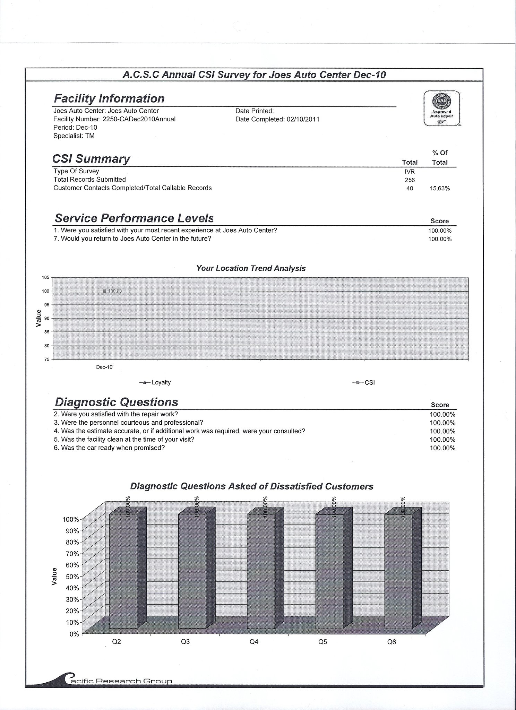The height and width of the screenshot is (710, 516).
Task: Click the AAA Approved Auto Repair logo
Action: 442,108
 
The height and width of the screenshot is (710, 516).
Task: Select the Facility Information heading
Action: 109,98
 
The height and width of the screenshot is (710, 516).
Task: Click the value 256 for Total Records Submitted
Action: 410,180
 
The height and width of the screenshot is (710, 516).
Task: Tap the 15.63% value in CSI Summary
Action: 440,189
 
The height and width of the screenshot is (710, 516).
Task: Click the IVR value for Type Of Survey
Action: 410,172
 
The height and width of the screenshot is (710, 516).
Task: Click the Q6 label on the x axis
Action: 392,642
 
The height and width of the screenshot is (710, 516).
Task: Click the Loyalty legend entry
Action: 155,382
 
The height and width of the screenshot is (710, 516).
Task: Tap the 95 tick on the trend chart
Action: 46,305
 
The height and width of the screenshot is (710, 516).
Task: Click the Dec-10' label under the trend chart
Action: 105,366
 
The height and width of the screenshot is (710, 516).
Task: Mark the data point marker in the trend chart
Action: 105,291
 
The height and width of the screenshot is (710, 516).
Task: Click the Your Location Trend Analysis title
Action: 251,268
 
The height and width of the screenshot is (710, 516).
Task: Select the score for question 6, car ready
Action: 442,448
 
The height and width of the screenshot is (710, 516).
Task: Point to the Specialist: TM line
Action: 74,136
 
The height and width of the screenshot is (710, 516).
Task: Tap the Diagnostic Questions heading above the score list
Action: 117,402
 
